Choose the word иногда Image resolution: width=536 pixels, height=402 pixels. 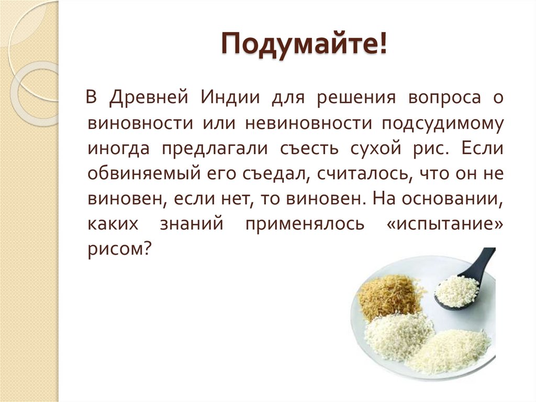coord(119,149)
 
